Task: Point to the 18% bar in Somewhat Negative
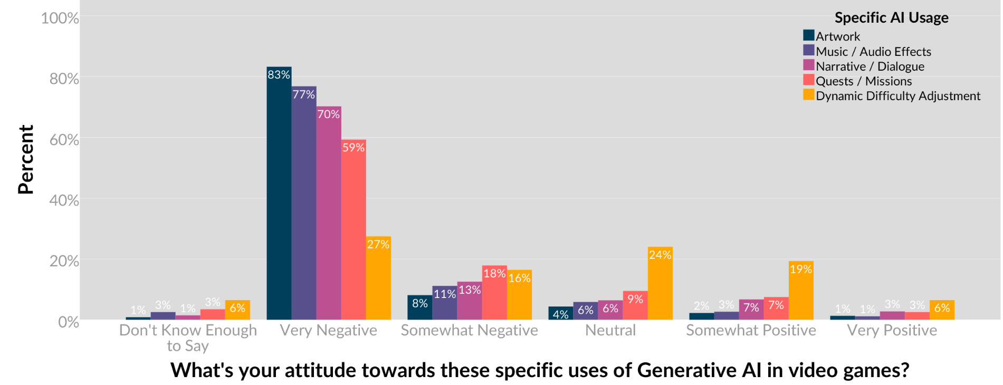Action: tap(494, 293)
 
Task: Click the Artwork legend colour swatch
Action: tap(808, 36)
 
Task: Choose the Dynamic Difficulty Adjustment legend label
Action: tap(897, 96)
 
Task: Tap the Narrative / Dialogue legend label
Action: tap(870, 66)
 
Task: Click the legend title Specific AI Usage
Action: tap(891, 18)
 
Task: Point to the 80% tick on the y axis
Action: tap(64, 79)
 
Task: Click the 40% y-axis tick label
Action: tap(64, 200)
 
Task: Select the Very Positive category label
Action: tap(892, 331)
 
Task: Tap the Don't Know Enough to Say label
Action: tap(188, 338)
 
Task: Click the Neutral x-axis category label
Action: tap(610, 331)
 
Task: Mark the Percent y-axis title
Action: tap(25, 159)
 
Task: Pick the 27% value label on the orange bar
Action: tap(378, 244)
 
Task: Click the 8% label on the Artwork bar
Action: tap(420, 303)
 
